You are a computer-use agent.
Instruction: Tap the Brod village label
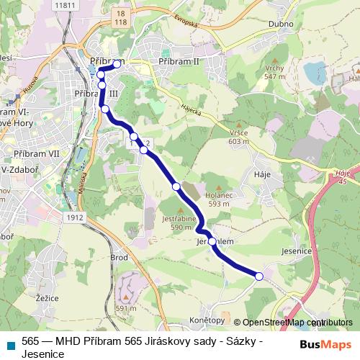tap(120, 257)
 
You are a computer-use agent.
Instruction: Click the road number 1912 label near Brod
tap(74, 217)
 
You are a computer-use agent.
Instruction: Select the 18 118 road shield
tap(120, 17)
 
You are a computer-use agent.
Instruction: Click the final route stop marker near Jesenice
tap(260, 276)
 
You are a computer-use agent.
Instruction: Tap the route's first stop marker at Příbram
tap(117, 64)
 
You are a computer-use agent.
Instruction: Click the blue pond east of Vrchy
tap(314, 72)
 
